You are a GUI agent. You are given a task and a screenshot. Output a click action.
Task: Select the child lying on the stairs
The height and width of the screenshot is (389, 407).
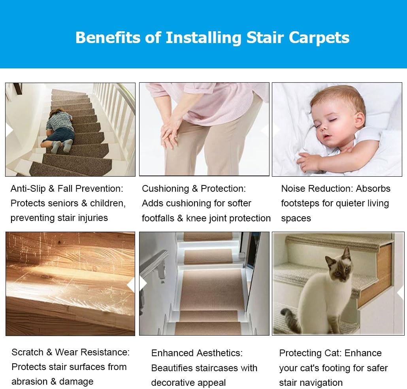(59, 130)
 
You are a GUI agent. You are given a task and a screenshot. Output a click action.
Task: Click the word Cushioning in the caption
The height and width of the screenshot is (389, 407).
(165, 189)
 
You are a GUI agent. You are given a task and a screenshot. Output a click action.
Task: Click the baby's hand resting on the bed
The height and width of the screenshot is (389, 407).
(309, 161)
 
